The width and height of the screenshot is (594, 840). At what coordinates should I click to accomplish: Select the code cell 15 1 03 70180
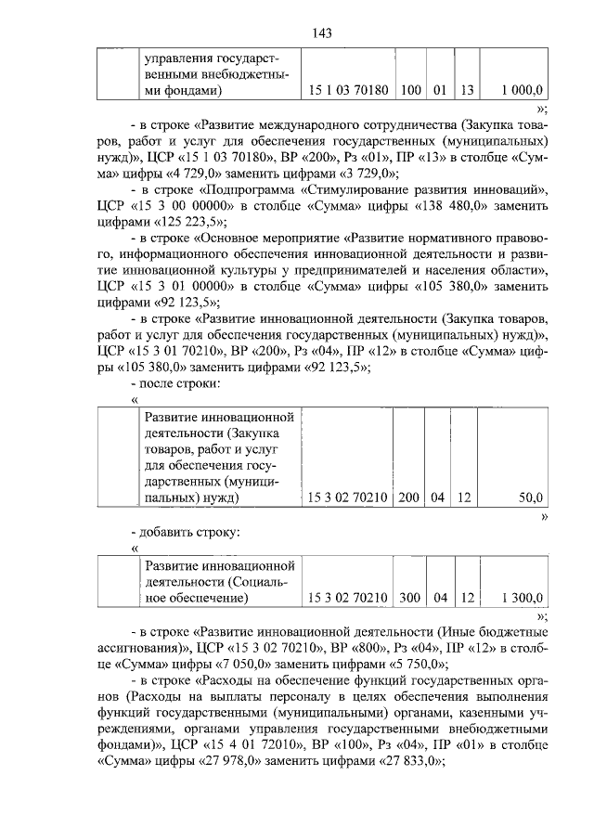348,91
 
